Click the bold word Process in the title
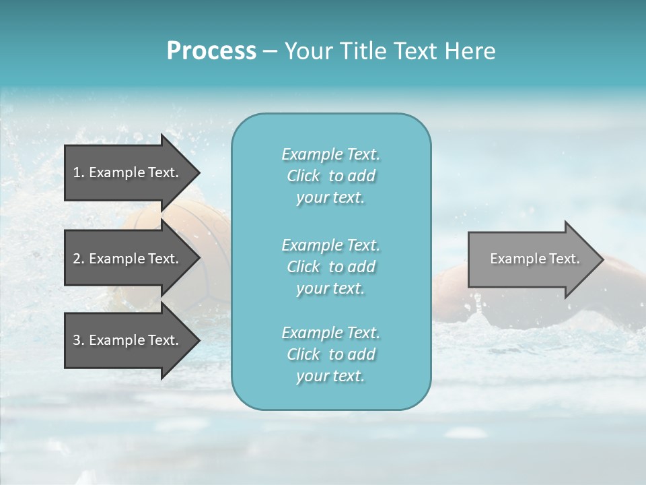211,51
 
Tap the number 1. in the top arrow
79,172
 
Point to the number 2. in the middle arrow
79,259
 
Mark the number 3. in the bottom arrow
79,340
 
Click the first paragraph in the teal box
330,176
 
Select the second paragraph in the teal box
330,267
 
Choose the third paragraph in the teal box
330,354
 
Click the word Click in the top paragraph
303,176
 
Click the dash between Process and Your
270,52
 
